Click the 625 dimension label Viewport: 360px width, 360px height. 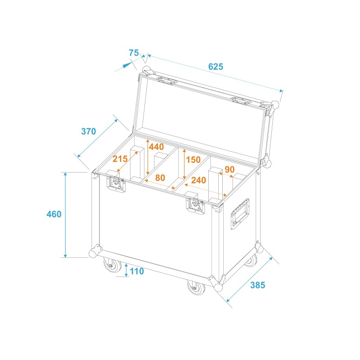[216, 67]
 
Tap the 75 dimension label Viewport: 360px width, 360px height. [134, 53]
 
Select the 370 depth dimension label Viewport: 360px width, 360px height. [89, 131]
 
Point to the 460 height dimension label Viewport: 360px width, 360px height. [54, 214]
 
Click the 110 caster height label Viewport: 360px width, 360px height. [136, 271]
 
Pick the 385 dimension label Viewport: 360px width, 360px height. [258, 285]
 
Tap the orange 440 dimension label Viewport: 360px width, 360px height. [156, 147]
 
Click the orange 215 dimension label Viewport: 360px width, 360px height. [120, 159]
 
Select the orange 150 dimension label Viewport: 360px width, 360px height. [193, 160]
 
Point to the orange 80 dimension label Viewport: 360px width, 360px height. [160, 178]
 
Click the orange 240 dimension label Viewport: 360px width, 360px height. [198, 180]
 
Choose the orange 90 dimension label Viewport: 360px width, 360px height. [229, 170]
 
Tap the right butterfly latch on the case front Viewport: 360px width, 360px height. [196, 205]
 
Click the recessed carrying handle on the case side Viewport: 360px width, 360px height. [239, 213]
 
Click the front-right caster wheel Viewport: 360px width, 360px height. [195, 287]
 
